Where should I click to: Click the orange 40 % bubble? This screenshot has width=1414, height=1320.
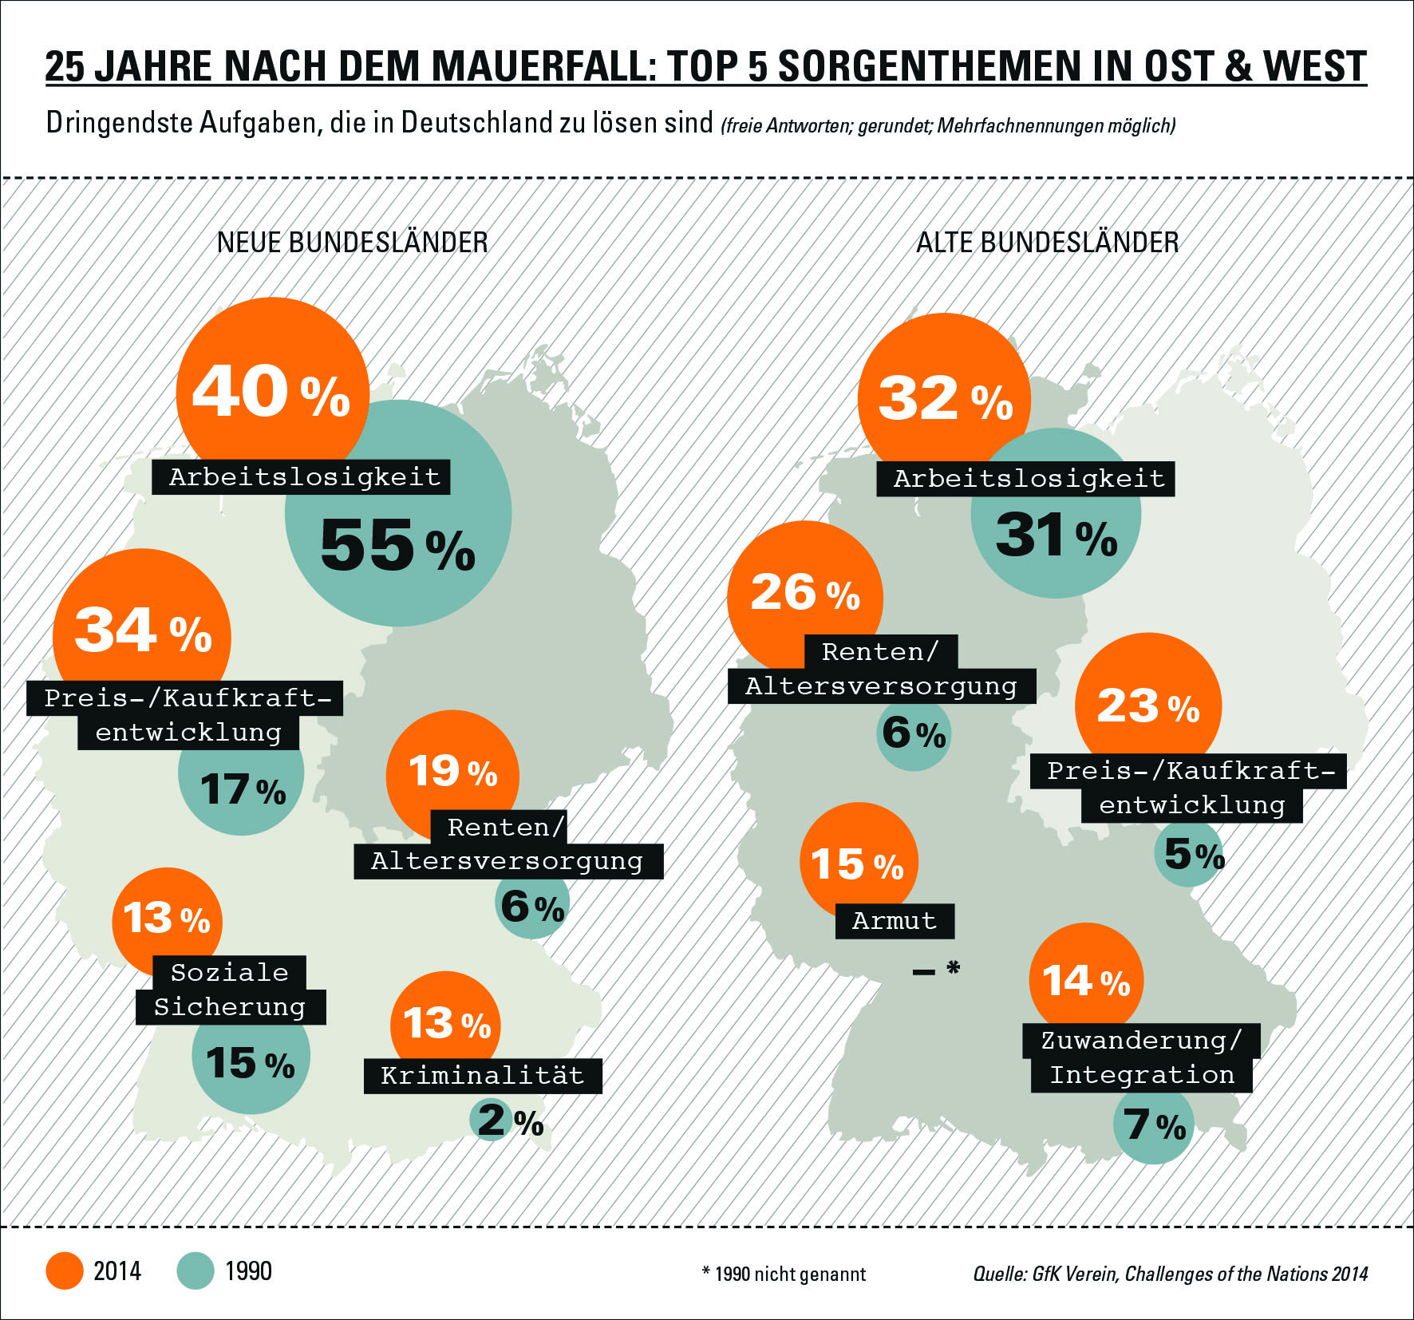coord(271,391)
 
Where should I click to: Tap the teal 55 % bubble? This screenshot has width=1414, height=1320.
coord(399,543)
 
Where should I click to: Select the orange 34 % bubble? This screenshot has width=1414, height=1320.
coord(142,630)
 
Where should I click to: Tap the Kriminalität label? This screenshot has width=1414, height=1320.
coord(483,1076)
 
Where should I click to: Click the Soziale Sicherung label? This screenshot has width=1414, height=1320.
coord(231,990)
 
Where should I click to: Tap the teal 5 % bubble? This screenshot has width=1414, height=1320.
coord(1189,855)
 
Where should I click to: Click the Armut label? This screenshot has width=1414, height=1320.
coord(895,921)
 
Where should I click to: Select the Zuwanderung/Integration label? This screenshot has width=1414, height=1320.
coord(1142,1058)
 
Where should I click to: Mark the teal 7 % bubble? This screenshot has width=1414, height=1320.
coord(1153,1125)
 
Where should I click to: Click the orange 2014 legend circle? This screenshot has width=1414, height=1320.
coord(65,1271)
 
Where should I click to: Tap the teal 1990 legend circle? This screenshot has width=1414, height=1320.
coord(196,1271)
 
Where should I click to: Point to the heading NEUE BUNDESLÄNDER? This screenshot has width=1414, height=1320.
coord(353,243)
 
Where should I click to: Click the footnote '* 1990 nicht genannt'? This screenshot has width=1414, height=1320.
coord(784,1274)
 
